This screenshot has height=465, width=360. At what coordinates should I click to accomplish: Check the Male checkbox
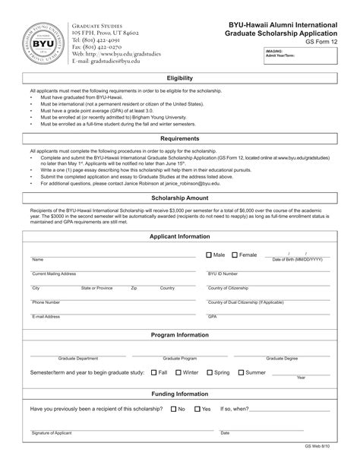[x=210, y=255]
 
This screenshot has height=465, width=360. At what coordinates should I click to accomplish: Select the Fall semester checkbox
[x=153, y=372]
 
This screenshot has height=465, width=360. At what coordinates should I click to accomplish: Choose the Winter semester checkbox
[x=177, y=372]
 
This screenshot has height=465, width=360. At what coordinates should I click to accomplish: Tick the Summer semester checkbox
[x=240, y=372]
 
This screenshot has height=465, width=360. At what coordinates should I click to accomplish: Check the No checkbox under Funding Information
[x=172, y=409]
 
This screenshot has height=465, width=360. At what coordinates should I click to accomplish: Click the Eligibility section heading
[x=179, y=78]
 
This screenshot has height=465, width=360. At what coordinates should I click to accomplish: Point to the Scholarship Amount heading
[x=179, y=196]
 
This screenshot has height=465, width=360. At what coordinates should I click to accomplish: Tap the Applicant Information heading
[x=179, y=237]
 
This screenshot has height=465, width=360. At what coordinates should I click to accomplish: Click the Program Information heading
[x=179, y=334]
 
